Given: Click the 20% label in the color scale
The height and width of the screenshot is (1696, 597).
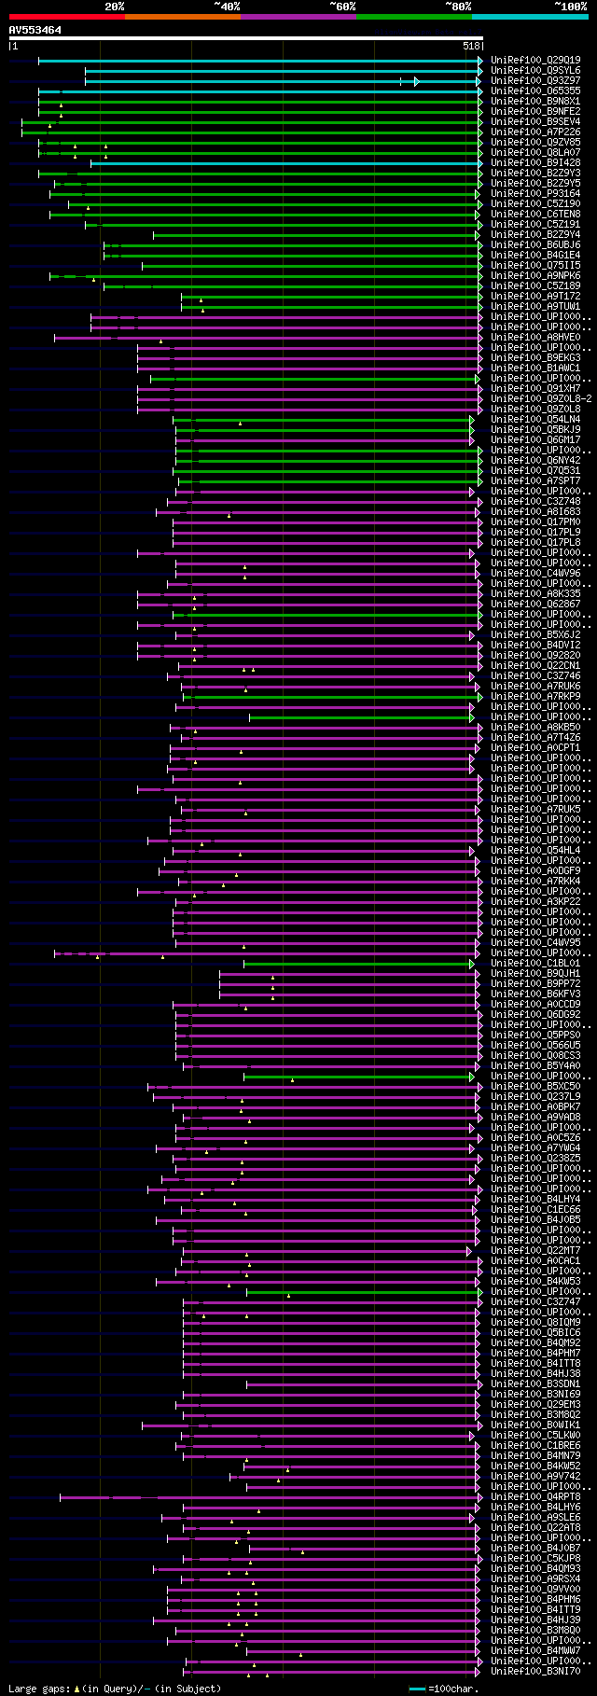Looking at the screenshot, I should [114, 6].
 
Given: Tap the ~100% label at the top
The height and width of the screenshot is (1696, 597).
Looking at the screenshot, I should [570, 6].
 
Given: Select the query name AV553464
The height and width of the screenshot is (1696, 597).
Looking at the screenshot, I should [35, 30].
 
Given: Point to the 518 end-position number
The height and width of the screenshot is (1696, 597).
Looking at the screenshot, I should [471, 46].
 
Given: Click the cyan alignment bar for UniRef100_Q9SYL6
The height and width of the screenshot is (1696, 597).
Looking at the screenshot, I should [280, 70].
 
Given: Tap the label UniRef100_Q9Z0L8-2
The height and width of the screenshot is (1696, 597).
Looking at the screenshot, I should [538, 398].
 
